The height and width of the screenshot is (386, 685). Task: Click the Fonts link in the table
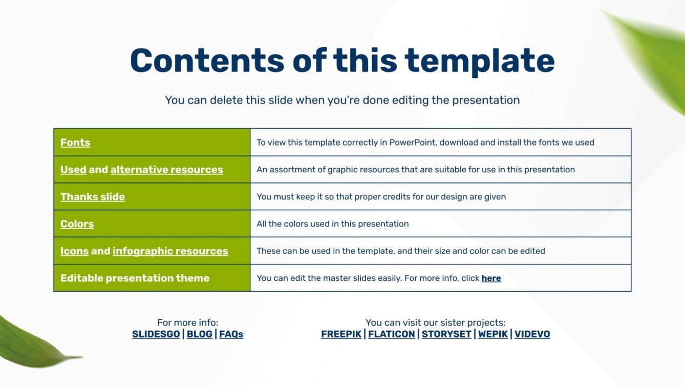[75, 143]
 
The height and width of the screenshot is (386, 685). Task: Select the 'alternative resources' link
[167, 170]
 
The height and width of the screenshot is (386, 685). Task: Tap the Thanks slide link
[92, 196]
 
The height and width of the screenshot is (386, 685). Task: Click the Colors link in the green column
[77, 224]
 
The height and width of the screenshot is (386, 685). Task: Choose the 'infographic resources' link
[170, 251]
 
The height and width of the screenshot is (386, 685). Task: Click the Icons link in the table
[74, 251]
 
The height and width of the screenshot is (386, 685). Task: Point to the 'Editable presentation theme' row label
[135, 278]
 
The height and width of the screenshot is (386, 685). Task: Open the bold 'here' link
[491, 278]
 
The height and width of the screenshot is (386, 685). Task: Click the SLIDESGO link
[156, 334]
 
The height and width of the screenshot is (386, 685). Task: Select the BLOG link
[199, 334]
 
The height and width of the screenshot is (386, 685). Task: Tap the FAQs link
[231, 334]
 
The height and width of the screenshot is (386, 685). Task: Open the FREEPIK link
[341, 334]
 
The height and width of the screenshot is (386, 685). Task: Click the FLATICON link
[392, 334]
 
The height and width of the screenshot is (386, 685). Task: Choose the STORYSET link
[446, 334]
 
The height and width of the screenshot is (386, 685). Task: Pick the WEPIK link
[493, 334]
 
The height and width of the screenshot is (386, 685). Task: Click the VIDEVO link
[532, 334]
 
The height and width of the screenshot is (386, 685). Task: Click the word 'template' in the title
[480, 61]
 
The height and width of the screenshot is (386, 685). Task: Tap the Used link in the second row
[73, 170]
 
